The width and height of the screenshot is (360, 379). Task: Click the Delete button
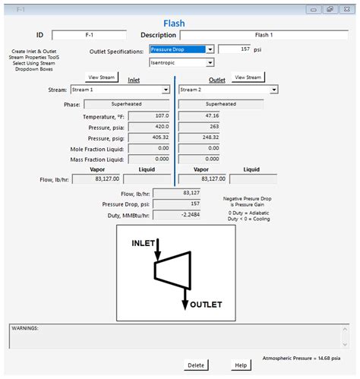tap(195, 365)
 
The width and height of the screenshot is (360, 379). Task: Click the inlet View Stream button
tap(101, 77)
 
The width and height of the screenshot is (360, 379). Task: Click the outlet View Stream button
tap(248, 77)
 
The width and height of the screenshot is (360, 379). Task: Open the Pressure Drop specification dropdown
tap(182, 49)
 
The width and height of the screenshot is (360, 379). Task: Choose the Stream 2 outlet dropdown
tap(228, 90)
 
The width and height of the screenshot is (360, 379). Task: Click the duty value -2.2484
tap(176, 215)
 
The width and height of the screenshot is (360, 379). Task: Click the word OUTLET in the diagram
tap(206, 305)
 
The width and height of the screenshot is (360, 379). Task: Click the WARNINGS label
tap(26, 328)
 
